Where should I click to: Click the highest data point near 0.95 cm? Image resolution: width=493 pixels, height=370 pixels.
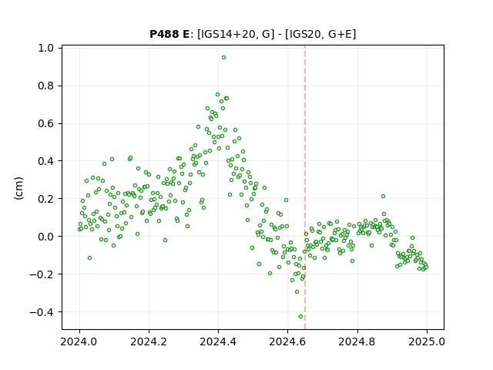[x=223, y=58]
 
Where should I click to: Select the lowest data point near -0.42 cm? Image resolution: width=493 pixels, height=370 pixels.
[x=301, y=317]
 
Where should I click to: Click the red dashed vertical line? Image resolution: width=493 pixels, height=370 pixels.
[x=305, y=187]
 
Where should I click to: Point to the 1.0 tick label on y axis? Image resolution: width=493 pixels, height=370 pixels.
[x=45, y=48]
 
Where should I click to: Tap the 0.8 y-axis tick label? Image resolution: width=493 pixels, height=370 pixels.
[x=45, y=86]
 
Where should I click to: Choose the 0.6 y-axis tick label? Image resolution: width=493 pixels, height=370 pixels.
[x=45, y=123]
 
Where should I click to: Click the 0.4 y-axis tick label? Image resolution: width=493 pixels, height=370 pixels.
[x=45, y=161]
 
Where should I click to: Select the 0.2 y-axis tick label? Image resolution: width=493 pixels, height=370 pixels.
[x=45, y=199]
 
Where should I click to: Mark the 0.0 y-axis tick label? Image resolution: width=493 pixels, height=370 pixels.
[x=45, y=237]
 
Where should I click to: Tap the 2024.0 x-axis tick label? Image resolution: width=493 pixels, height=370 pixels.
[x=79, y=342]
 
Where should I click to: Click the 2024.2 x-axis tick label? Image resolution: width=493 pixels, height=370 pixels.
[x=149, y=342]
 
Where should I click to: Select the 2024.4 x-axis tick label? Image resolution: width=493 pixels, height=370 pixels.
[x=218, y=342]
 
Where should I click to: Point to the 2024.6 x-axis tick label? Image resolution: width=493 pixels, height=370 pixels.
[x=287, y=342]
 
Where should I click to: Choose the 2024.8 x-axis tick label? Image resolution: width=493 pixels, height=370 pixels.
[x=357, y=342]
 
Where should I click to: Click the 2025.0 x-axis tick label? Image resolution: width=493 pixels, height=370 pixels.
[x=427, y=342]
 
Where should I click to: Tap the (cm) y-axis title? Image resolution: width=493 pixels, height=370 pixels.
[x=19, y=188]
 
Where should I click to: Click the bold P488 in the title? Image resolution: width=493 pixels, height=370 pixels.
[x=163, y=34]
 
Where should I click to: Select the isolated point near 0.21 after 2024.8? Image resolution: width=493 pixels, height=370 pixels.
[x=383, y=197]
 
